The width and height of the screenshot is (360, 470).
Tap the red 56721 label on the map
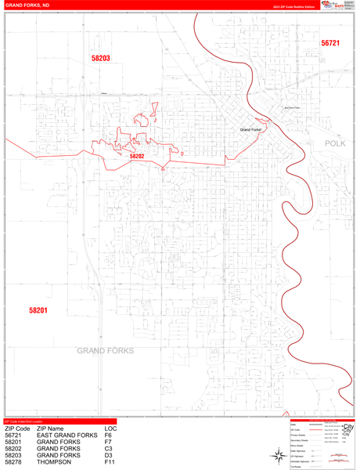point(331,43)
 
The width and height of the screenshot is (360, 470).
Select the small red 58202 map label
point(136,156)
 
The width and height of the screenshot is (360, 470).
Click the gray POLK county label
point(335,144)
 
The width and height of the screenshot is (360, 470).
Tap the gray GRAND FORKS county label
point(106,350)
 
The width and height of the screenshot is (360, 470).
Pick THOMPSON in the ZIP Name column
point(58,462)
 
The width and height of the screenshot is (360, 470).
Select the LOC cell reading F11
point(110,462)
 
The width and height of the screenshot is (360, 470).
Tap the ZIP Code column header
point(17,428)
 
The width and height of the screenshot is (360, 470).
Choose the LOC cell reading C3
point(110,448)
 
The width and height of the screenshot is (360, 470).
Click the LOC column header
point(110,428)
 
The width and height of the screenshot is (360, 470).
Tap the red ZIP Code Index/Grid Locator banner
point(59,421)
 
